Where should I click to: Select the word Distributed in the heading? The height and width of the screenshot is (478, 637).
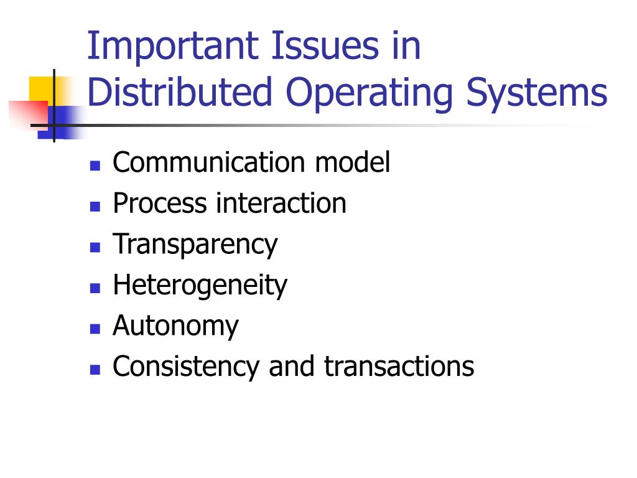pyautogui.click(x=180, y=91)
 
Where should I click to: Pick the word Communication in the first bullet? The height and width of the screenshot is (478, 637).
pyautogui.click(x=209, y=162)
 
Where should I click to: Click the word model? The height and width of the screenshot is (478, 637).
pyautogui.click(x=352, y=162)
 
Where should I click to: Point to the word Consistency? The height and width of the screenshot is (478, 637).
pyautogui.click(x=185, y=367)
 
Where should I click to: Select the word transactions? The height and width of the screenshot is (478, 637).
pyautogui.click(x=399, y=367)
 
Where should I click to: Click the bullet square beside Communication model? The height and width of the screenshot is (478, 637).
pyautogui.click(x=95, y=166)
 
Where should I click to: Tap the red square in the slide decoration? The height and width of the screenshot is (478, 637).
pyautogui.click(x=26, y=112)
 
